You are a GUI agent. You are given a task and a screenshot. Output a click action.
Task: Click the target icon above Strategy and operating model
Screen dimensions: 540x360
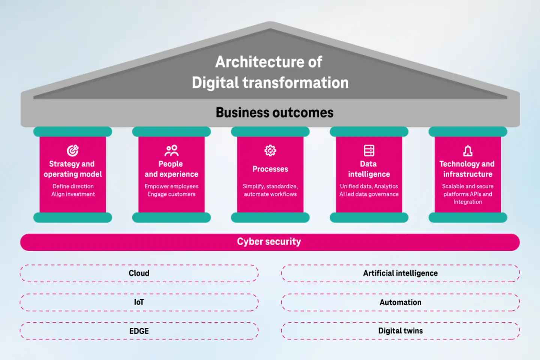[73, 150]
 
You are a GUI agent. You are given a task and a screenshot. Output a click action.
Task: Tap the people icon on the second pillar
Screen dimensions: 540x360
[171, 150]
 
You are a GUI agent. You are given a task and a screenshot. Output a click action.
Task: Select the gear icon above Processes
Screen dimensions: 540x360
[270, 150]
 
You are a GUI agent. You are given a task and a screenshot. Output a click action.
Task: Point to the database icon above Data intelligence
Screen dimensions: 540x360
[369, 150]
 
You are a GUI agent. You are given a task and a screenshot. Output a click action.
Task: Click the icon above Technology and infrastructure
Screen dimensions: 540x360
[468, 151]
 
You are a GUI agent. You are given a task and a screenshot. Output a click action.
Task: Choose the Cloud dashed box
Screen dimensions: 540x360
[139, 273]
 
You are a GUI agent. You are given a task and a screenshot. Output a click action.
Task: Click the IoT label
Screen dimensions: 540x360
[139, 302]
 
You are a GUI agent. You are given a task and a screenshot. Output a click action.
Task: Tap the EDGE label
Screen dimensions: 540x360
[139, 331]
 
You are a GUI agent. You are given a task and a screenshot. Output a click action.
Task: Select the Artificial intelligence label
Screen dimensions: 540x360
[400, 273]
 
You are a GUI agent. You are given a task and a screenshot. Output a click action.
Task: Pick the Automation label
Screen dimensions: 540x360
[400, 302]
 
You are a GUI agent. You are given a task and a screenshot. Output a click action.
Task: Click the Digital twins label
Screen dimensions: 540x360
[400, 331]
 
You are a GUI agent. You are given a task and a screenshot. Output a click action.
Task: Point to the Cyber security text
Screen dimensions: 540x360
[269, 241]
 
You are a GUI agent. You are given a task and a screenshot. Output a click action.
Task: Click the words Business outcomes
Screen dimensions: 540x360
[274, 112]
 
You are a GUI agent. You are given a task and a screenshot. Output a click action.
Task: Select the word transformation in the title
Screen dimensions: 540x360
[295, 83]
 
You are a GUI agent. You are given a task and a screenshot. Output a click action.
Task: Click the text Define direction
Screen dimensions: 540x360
[73, 186]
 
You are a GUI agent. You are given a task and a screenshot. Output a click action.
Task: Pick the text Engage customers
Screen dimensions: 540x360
[171, 194]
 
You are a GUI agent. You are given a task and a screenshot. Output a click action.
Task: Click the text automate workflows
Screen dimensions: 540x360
[270, 194]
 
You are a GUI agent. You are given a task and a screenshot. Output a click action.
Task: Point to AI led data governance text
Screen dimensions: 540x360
[369, 194]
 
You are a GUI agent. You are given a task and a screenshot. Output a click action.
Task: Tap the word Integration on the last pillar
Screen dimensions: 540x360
[468, 202]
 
